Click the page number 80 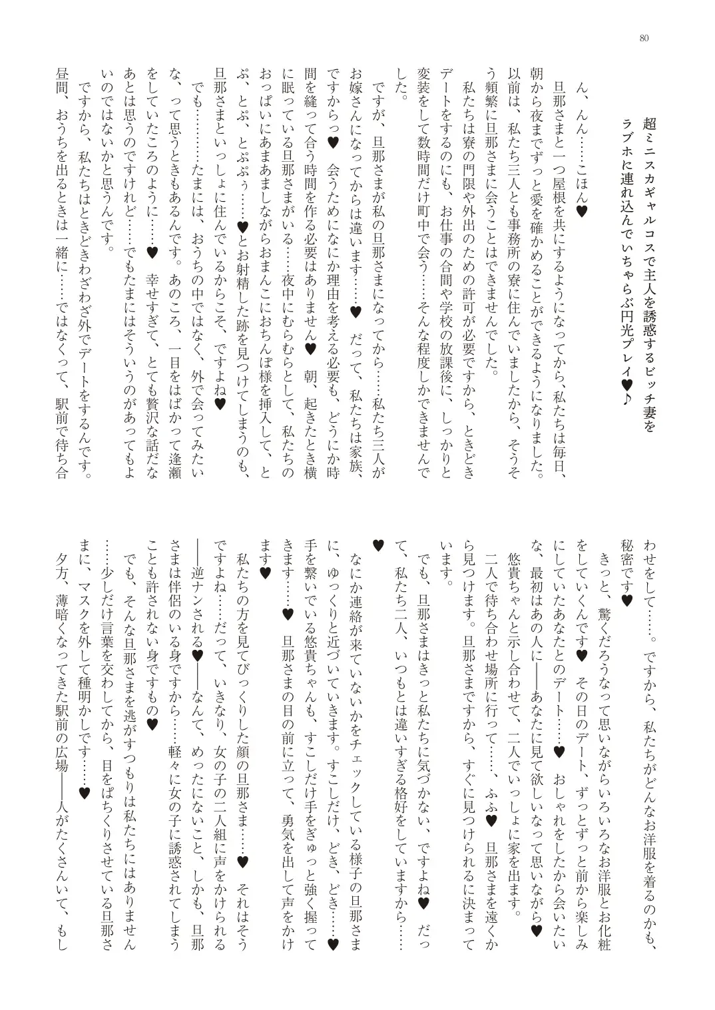pos(643,38)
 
